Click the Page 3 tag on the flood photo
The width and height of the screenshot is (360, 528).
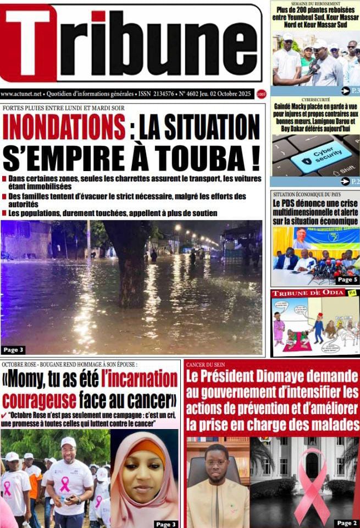tap(13, 350)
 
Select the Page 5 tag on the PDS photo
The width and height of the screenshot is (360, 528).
tap(346, 279)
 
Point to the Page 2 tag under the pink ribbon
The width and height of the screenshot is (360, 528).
tap(347, 522)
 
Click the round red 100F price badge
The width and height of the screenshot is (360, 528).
tap(261, 94)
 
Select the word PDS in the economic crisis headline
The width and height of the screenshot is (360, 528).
tap(298, 202)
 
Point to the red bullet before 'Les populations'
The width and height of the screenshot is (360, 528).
tap(4, 213)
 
